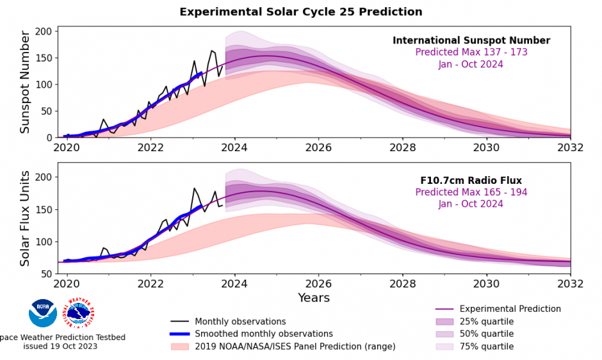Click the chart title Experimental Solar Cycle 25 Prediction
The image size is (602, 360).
pyautogui.click(x=300, y=12)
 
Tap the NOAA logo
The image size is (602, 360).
pyautogui.click(x=43, y=313)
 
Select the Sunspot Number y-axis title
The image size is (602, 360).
pyautogui.click(x=25, y=82)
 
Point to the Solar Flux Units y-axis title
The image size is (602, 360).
pyautogui.click(x=25, y=219)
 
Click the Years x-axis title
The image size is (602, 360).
pyautogui.click(x=314, y=298)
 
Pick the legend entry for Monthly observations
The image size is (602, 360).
pyautogui.click(x=240, y=322)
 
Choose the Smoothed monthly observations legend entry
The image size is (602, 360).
pyautogui.click(x=263, y=334)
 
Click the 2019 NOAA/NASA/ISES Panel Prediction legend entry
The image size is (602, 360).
pyautogui.click(x=295, y=347)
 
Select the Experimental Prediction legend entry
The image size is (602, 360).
pyautogui.click(x=510, y=309)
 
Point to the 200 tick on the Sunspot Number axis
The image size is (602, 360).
pyautogui.click(x=44, y=31)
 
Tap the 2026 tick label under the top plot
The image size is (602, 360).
pyautogui.click(x=318, y=147)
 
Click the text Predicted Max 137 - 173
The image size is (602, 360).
pyautogui.click(x=471, y=53)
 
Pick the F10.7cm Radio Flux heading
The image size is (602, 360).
pyautogui.click(x=471, y=181)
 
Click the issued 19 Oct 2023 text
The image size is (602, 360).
pyautogui.click(x=60, y=347)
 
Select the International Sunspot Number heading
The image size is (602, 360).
pyautogui.click(x=471, y=40)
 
